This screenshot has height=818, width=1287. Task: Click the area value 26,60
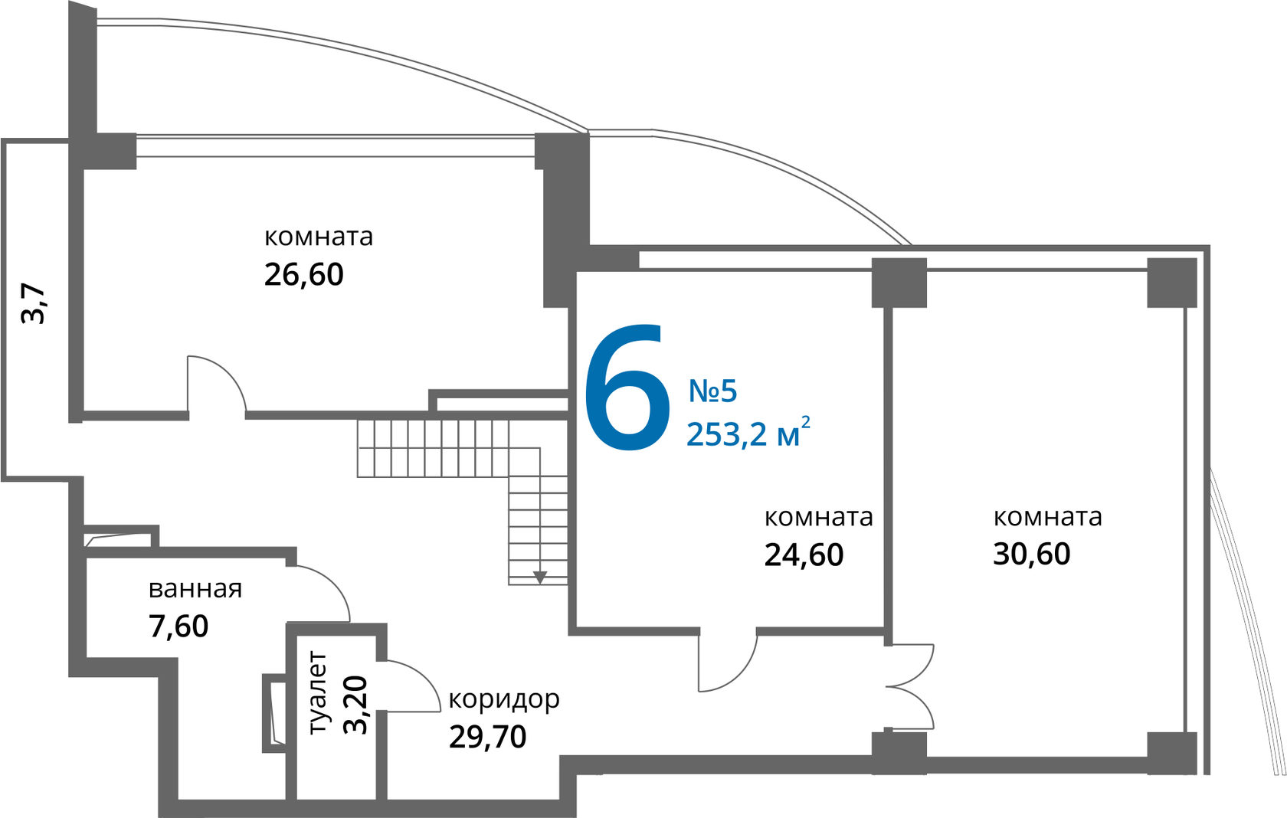303,274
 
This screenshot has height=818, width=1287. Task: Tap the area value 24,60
804,555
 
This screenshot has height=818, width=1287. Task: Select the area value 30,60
1031,553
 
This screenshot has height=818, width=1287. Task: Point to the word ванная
195,589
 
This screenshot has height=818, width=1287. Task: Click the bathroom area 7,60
178,627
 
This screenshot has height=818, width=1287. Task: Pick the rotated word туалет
317,693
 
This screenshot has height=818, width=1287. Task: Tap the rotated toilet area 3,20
355,705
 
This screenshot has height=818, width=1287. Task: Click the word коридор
503,699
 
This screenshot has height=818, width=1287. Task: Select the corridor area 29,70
487,737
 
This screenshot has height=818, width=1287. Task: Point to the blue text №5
712,391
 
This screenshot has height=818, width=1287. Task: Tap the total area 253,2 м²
748,434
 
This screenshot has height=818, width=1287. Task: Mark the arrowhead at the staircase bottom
540,577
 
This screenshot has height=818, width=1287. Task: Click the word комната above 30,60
1047,517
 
